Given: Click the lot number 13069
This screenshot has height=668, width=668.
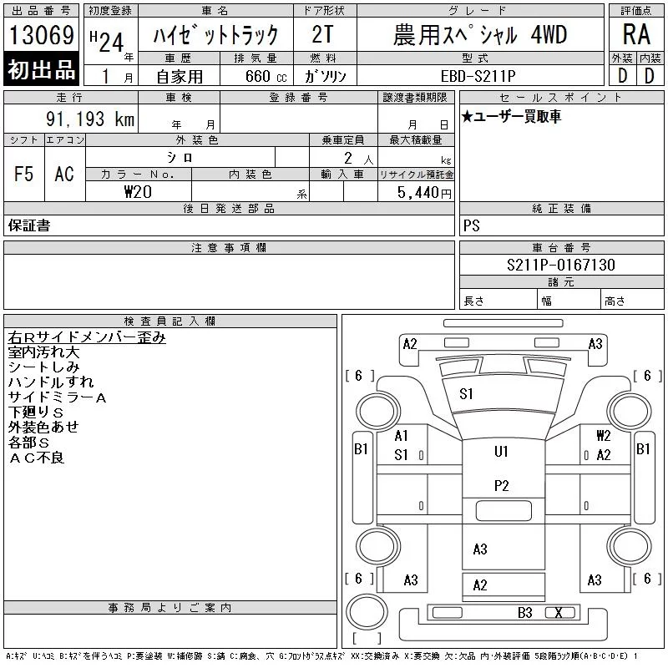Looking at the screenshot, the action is [x=41, y=34].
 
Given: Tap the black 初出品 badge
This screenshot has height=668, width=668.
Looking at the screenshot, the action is [x=41, y=68].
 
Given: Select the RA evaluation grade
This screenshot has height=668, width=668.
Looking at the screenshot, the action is [x=636, y=34].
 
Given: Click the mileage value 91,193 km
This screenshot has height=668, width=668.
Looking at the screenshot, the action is [x=90, y=119].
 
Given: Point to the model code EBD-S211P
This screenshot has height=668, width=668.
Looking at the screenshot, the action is [x=478, y=76].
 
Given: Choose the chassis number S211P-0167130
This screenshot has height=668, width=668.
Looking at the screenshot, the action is [x=560, y=265].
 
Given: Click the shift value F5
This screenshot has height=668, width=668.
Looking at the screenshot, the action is [x=23, y=174].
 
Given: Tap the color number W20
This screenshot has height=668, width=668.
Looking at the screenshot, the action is [x=138, y=192].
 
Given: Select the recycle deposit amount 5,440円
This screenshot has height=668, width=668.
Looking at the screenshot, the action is [x=424, y=193].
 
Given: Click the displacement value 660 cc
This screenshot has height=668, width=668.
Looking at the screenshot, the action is [x=266, y=76].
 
